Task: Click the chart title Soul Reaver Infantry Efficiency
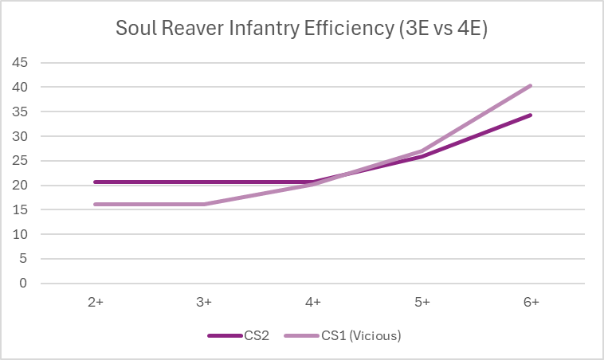[302, 29]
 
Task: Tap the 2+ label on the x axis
[95, 302]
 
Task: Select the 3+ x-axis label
[204, 302]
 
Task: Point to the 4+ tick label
[313, 302]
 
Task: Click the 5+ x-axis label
[422, 302]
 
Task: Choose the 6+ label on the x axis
[531, 302]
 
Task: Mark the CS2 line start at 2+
[95, 182]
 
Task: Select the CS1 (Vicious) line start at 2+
[95, 204]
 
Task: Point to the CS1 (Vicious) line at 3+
[204, 204]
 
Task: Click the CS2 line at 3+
[204, 182]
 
